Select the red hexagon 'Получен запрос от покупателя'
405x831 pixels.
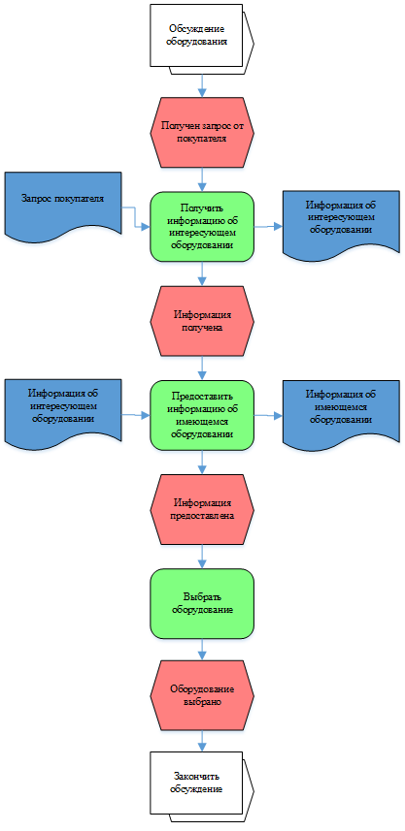[202, 133]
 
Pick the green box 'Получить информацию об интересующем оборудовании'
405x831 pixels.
[202, 226]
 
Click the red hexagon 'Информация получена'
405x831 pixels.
[202, 321]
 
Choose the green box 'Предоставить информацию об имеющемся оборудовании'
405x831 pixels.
[202, 415]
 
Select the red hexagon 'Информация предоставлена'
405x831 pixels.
[202, 509]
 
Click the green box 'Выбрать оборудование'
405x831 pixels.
[202, 604]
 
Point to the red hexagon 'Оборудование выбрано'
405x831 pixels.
[202, 696]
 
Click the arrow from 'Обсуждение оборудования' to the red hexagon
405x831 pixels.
[202, 86]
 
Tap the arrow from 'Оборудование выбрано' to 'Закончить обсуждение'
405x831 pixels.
[202, 742]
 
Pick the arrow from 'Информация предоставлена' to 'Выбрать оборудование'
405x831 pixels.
[202, 557]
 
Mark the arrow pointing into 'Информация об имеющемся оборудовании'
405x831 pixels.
[269, 415]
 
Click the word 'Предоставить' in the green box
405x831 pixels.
[202, 397]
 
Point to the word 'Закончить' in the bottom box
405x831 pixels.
[196, 777]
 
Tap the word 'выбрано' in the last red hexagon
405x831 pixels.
[202, 702]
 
